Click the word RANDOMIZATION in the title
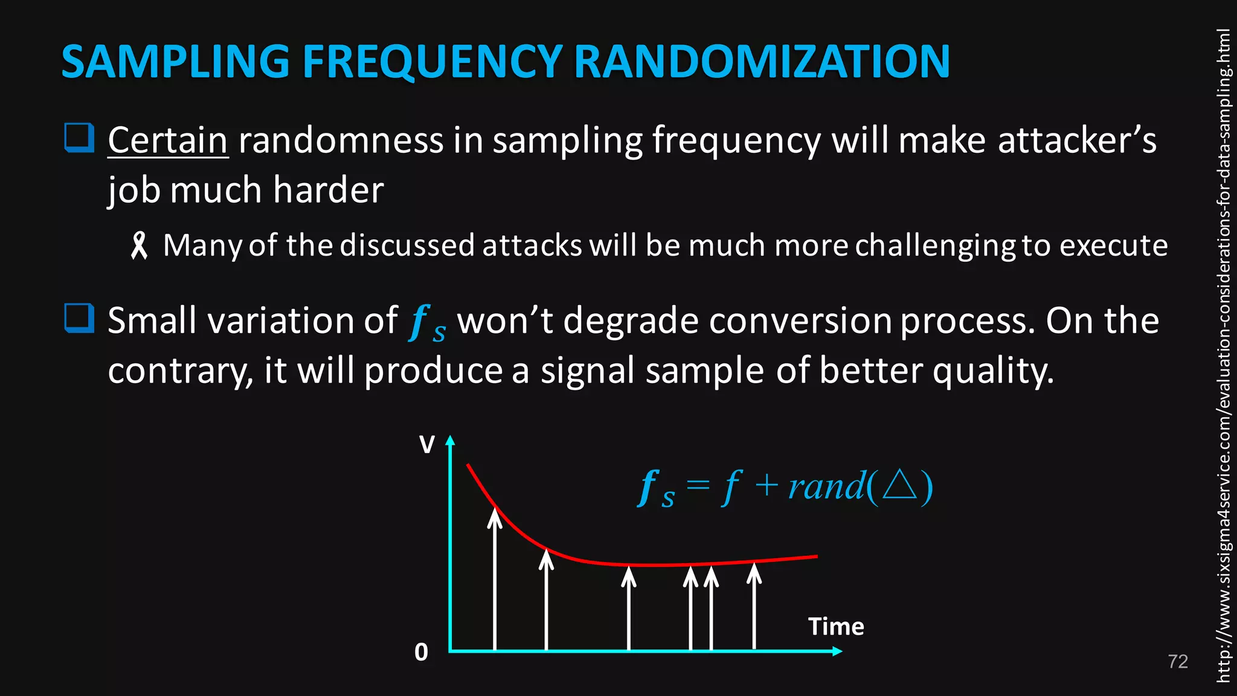pos(762,62)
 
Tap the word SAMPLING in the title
pos(175,62)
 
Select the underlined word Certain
pos(168,140)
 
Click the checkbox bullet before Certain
pos(79,138)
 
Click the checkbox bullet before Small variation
pos(79,318)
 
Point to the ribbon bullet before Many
pos(139,246)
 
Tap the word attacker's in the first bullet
pos(1077,140)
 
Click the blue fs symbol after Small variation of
pos(426,322)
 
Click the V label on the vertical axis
pos(426,445)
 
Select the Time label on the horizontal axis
pos(836,627)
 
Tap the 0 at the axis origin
pos(421,652)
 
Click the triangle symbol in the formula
pos(899,485)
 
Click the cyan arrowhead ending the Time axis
pos(837,651)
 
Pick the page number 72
pos(1177,662)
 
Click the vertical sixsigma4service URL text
pos(1223,356)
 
